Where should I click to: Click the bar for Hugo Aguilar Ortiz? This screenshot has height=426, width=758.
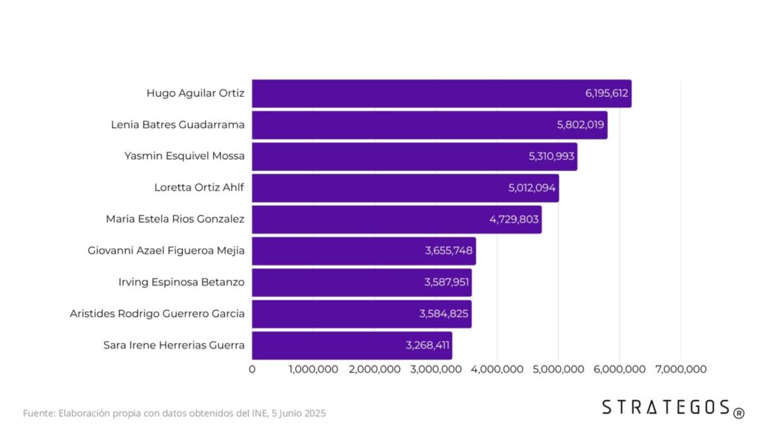tap(441, 93)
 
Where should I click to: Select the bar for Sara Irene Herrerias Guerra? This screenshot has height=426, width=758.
tap(352, 345)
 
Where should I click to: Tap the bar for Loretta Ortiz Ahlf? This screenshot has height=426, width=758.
tap(405, 188)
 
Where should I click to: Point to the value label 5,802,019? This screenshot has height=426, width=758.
tap(580, 125)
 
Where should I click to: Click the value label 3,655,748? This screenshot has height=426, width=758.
tap(449, 251)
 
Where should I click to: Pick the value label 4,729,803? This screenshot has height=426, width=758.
tap(514, 220)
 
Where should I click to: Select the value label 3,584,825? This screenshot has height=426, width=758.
tap(443, 314)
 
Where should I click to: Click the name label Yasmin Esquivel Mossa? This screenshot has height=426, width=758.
tap(184, 156)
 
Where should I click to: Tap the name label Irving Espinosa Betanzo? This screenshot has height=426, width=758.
tap(181, 282)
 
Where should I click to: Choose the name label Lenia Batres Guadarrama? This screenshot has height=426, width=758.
tap(178, 124)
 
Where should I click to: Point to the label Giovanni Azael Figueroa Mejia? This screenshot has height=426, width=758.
tap(166, 251)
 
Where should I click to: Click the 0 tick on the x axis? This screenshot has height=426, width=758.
tap(252, 369)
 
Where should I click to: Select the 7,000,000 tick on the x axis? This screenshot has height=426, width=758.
tap(680, 369)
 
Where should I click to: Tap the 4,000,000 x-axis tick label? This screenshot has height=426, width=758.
tap(497, 369)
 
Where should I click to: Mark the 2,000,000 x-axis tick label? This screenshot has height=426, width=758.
tap(375, 369)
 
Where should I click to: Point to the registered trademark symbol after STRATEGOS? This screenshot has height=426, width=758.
tap(739, 410)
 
